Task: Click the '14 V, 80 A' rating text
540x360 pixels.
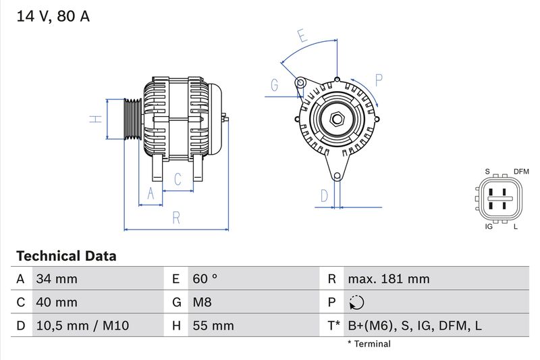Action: (53, 17)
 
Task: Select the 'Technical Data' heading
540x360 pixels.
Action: (66, 256)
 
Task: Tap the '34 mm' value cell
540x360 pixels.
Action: (57, 279)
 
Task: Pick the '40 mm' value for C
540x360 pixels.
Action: (57, 303)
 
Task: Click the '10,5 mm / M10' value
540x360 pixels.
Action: (82, 326)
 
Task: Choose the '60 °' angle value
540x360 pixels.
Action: (205, 279)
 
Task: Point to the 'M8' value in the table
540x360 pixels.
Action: (202, 303)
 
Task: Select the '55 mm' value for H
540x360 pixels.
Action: (213, 326)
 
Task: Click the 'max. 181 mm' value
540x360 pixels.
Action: (388, 279)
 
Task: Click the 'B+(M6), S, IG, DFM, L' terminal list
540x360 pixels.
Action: (414, 326)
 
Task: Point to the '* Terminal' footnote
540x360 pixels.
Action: (369, 344)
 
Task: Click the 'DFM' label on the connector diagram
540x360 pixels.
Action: (521, 172)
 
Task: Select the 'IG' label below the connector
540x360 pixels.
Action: (489, 226)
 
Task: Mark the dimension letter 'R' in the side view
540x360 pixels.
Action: (176, 218)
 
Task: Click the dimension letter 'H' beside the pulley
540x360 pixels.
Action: (97, 119)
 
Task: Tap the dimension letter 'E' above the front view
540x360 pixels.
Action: (302, 36)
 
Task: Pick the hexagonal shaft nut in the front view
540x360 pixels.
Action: (337, 120)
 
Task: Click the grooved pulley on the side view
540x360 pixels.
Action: (132, 120)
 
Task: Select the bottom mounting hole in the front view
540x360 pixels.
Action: (337, 177)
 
